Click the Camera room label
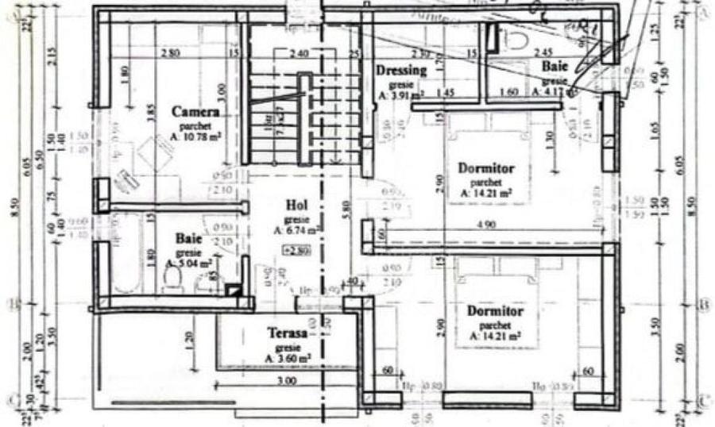click(195, 113)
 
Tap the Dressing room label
click(401, 70)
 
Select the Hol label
click(296, 206)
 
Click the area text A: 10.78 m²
click(195, 136)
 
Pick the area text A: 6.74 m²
click(296, 230)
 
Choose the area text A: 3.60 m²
click(288, 359)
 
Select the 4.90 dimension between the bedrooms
click(488, 225)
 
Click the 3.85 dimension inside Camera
click(148, 117)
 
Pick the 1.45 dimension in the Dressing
click(444, 93)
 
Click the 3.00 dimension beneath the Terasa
click(287, 381)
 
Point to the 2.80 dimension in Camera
click(168, 54)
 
